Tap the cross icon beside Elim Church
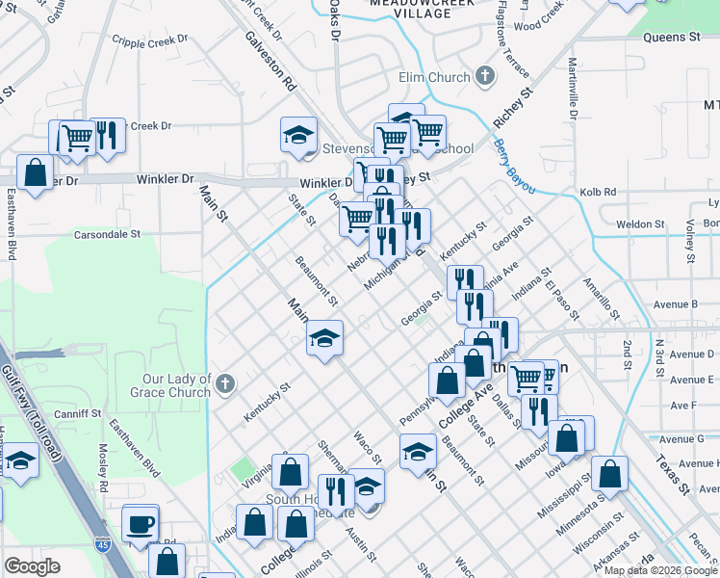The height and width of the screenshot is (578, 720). [484, 76]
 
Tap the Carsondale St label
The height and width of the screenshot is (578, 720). [108, 234]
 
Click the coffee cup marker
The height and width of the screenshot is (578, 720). [141, 523]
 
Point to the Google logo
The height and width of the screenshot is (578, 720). [32, 566]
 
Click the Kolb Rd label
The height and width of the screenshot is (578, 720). [598, 192]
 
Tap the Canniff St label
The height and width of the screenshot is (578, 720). [78, 413]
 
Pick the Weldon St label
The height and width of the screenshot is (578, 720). [634, 223]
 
